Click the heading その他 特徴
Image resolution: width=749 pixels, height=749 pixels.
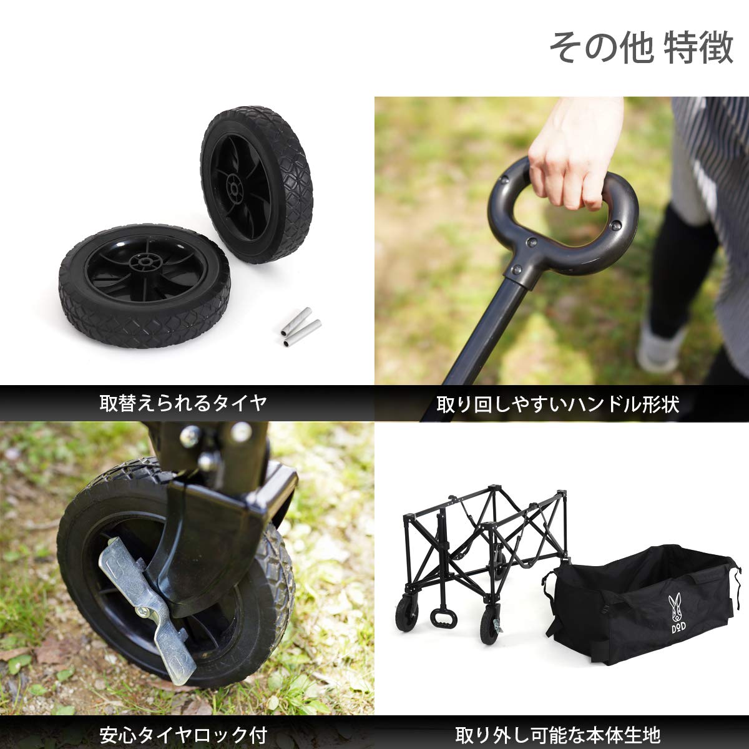pos(641,49)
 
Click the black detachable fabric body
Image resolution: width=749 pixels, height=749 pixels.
pos(643,605)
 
